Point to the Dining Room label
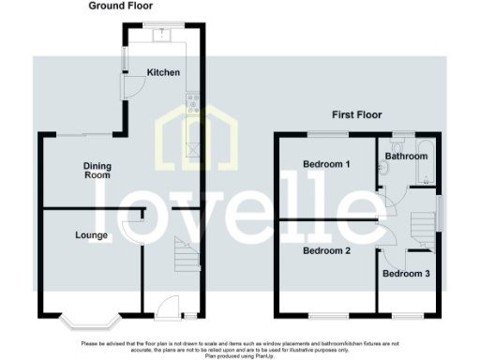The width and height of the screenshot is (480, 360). pyautogui.click(x=98, y=171)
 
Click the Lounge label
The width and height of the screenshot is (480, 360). pyautogui.click(x=92, y=234)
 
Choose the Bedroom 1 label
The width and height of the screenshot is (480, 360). pyautogui.click(x=326, y=164)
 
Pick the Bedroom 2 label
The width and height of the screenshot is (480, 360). pyautogui.click(x=326, y=250)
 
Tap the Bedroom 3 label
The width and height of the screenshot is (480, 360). pyautogui.click(x=407, y=273)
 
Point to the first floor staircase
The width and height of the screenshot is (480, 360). pyautogui.click(x=424, y=226)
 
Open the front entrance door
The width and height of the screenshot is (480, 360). pyautogui.click(x=169, y=305)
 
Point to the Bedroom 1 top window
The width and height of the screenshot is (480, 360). pyautogui.click(x=327, y=133)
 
